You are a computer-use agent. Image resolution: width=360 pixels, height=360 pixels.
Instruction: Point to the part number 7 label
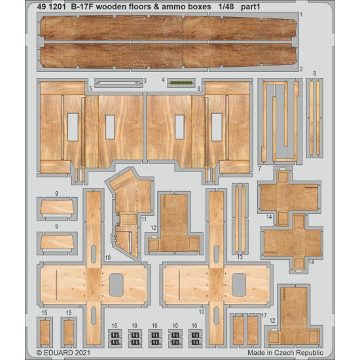260,168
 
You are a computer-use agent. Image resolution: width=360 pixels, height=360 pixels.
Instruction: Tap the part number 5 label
90,87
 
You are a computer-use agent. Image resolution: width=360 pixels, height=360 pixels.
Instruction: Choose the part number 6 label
198,87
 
